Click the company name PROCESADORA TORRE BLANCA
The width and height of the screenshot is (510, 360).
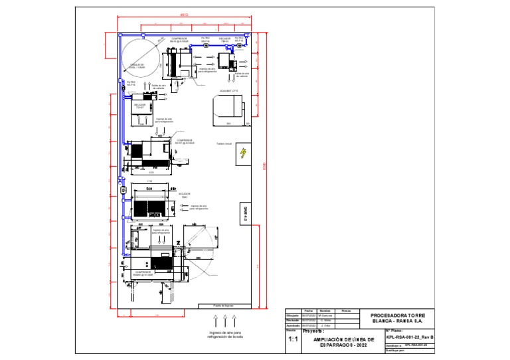tap(397, 317)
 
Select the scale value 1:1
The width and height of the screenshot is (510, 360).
tap(293, 340)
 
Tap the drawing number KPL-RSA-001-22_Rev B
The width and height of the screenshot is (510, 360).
tap(409, 337)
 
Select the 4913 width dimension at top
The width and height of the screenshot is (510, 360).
tap(184, 14)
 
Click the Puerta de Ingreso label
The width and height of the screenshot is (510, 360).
tap(223, 306)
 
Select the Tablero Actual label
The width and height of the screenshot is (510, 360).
tap(224, 143)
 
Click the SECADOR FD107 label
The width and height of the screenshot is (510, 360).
tap(139, 106)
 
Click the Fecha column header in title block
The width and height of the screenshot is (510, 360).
tap(307, 311)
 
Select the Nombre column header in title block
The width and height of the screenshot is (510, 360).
tap(325, 311)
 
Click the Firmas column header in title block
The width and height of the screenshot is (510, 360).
tap(346, 311)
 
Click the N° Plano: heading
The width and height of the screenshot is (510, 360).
tap(394, 330)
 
